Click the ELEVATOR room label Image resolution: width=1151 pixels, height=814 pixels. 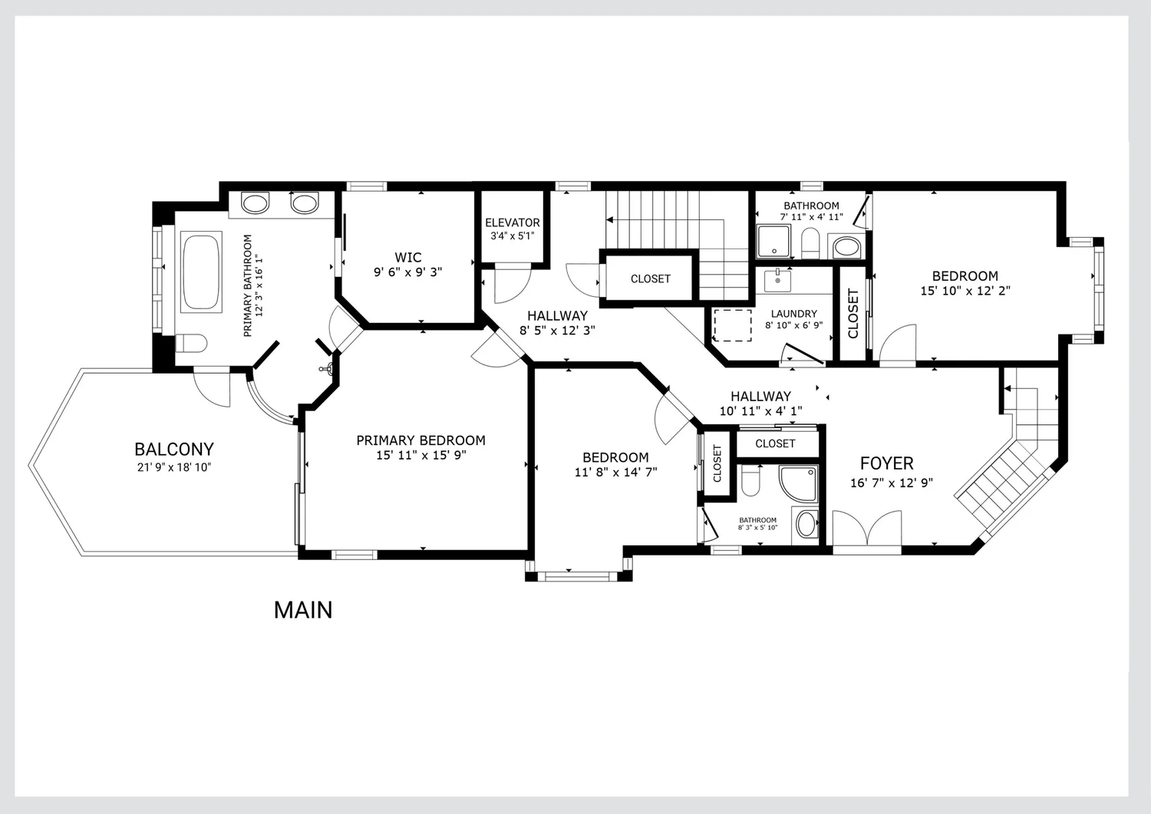(x=513, y=222)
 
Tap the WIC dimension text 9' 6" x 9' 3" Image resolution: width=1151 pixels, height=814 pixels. (x=407, y=272)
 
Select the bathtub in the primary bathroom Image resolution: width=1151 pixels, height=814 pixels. (x=201, y=272)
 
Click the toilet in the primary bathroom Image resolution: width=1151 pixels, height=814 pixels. (x=191, y=343)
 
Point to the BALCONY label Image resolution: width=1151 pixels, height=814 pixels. (x=174, y=449)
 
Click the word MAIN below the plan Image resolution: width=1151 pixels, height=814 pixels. (x=303, y=610)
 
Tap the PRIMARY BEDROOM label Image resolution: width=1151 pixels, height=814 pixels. (x=420, y=440)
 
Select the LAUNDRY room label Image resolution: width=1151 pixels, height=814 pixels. (x=794, y=314)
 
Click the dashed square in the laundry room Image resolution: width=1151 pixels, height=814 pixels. (x=732, y=325)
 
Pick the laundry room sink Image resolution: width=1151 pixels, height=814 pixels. (x=777, y=281)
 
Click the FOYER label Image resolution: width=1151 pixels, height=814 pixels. (x=887, y=463)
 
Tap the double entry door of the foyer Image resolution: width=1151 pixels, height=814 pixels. (x=867, y=529)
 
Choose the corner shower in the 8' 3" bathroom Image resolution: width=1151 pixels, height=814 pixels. (x=798, y=483)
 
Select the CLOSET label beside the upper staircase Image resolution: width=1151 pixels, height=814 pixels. (x=651, y=278)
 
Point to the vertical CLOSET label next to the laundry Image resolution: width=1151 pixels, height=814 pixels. (x=853, y=314)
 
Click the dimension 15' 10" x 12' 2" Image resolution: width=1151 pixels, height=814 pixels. (x=965, y=291)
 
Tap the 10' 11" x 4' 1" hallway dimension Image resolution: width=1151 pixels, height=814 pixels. (x=761, y=411)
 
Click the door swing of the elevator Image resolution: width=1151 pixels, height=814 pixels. (x=513, y=284)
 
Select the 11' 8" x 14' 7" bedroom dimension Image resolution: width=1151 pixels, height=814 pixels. (x=615, y=473)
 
